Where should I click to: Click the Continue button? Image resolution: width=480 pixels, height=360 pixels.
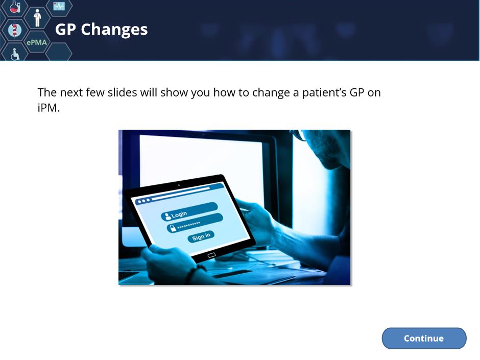[424, 338]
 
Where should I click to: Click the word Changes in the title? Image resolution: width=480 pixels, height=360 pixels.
[114, 30]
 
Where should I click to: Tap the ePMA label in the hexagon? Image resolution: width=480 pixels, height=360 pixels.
[37, 42]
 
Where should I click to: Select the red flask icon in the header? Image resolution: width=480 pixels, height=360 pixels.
[15, 7]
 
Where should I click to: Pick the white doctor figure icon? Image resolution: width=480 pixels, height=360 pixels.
[37, 18]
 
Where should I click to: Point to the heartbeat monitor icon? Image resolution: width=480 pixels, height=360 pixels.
[59, 6]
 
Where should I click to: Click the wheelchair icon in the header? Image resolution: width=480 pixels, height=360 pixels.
[15, 54]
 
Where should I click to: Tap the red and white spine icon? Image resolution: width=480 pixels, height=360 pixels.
[14, 30]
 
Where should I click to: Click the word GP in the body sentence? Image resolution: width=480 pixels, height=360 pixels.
[356, 92]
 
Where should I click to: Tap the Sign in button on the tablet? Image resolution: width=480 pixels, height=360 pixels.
[201, 236]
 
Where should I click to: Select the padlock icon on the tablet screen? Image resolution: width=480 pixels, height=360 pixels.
[173, 228]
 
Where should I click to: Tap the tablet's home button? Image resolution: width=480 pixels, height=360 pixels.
[211, 255]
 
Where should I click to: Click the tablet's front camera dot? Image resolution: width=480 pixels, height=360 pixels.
[179, 185]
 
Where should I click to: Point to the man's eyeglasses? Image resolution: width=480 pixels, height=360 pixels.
[299, 135]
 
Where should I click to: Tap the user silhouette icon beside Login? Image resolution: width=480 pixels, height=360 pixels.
[167, 217]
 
